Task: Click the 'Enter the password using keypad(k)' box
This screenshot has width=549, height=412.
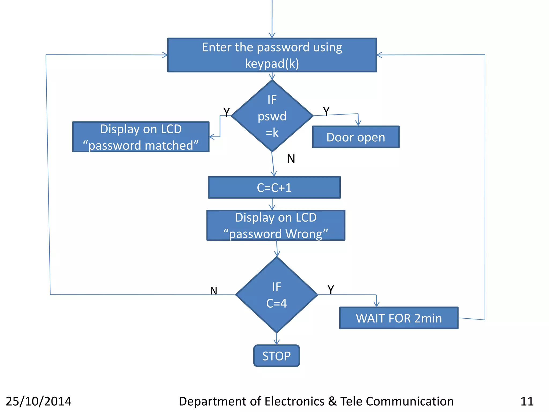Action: (272, 55)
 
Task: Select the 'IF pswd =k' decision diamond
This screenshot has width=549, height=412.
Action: (272, 116)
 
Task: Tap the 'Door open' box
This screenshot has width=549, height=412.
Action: (355, 137)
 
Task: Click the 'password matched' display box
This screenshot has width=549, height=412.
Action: (141, 137)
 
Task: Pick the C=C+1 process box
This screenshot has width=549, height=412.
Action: (274, 187)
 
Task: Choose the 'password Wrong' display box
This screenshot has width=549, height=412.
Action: (276, 225)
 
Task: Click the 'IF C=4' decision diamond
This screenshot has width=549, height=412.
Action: (277, 295)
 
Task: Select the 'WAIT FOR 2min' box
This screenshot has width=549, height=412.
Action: (399, 318)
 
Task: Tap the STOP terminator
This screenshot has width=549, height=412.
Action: (276, 356)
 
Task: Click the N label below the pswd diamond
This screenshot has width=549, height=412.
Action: (291, 159)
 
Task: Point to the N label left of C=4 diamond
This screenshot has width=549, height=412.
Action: (213, 291)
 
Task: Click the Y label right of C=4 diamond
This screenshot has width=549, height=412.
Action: (331, 290)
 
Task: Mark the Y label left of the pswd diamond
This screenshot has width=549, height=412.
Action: (227, 112)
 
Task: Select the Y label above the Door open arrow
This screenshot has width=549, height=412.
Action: (326, 111)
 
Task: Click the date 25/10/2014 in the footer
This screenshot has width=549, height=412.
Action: (39, 401)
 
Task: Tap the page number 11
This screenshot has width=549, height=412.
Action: (527, 401)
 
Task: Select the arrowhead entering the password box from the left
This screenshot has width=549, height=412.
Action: (165, 55)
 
